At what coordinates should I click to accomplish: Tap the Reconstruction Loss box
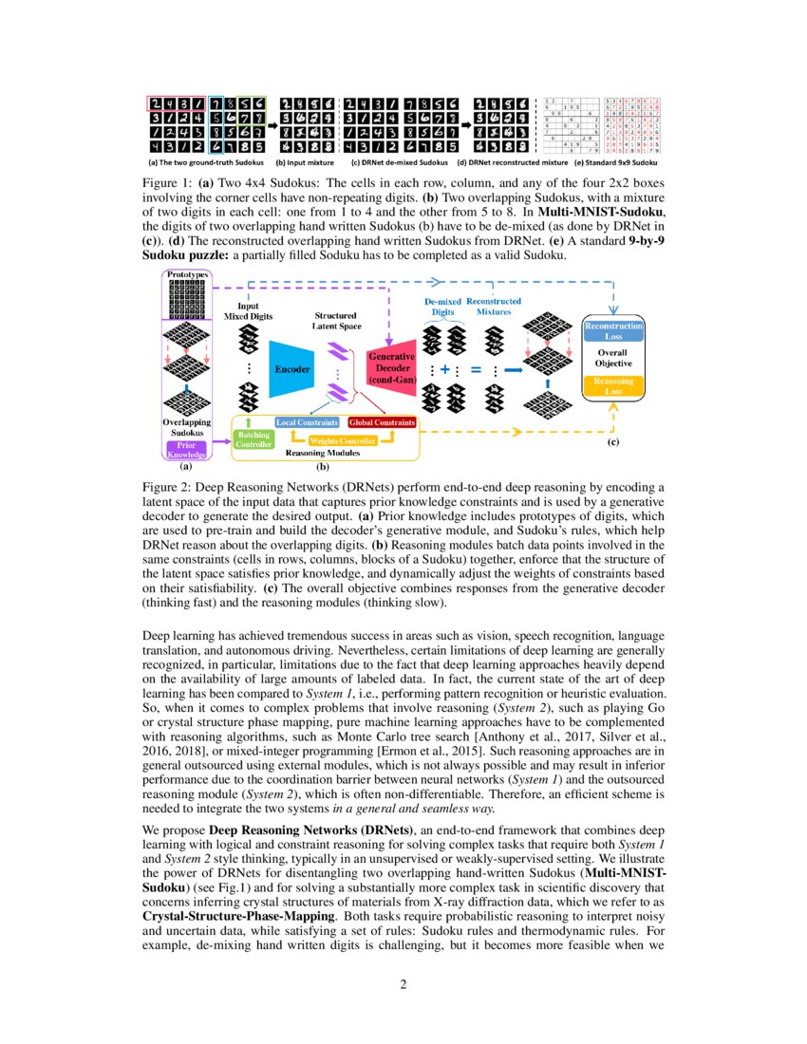(x=613, y=330)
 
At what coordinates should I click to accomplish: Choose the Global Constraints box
(x=382, y=421)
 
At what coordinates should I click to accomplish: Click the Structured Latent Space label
(x=335, y=321)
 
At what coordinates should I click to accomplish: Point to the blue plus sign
(x=443, y=369)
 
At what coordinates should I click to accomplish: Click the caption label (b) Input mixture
(x=306, y=162)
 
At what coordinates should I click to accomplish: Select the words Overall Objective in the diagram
(x=613, y=358)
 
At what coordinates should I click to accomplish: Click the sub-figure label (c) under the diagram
(x=612, y=441)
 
